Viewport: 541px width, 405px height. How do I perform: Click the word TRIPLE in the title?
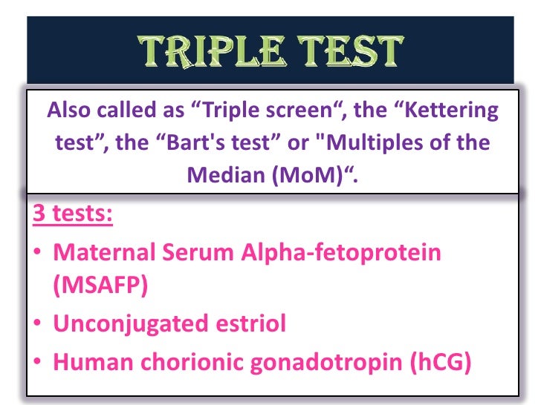pyautogui.click(x=212, y=51)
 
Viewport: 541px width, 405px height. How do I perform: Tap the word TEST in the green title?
pyautogui.click(x=350, y=51)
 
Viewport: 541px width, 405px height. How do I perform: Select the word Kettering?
pyautogui.click(x=451, y=111)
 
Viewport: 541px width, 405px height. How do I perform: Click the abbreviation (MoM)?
pyautogui.click(x=308, y=175)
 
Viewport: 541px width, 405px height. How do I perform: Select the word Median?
pyautogui.click(x=226, y=175)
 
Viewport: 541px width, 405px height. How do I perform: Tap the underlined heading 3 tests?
pyautogui.click(x=73, y=213)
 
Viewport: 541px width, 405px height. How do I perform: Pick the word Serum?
pyautogui.click(x=198, y=252)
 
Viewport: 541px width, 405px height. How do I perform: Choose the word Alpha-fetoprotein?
pyautogui.click(x=341, y=253)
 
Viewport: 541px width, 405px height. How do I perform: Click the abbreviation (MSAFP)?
pyautogui.click(x=100, y=285)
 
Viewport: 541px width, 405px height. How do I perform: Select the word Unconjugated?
pyautogui.click(x=131, y=324)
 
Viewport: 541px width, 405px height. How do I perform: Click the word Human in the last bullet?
pyautogui.click(x=93, y=362)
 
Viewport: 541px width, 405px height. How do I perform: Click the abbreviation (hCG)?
pyautogui.click(x=440, y=362)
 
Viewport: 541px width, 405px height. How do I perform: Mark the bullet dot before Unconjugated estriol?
pyautogui.click(x=37, y=323)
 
